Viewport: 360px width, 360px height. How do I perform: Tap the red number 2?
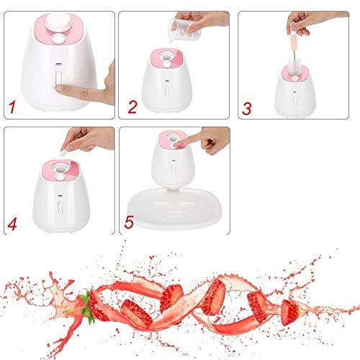point(132,107)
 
